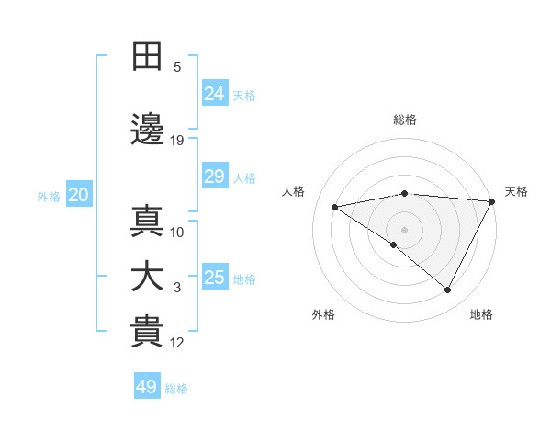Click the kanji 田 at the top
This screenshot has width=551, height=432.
(148, 56)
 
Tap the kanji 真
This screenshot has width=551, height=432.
(148, 222)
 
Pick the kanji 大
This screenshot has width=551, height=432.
(148, 277)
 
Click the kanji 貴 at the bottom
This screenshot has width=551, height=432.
(148, 332)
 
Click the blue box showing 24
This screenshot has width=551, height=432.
(215, 93)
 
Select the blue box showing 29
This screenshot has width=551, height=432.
(215, 176)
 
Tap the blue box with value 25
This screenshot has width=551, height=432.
(215, 278)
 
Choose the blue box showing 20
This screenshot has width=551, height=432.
(79, 195)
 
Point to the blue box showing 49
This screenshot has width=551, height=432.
(147, 387)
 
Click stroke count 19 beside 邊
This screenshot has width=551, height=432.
(177, 141)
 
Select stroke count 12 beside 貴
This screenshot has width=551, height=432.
(177, 343)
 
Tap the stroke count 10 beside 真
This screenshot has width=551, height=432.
(177, 233)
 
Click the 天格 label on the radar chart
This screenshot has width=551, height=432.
(516, 191)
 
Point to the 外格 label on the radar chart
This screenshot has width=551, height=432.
(323, 314)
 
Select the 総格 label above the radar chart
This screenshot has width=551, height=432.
(404, 119)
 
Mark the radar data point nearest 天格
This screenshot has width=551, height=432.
(492, 201)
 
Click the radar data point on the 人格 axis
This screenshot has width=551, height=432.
(335, 207)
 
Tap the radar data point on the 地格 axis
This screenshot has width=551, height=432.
(448, 290)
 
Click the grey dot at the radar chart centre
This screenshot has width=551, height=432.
(404, 229)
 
